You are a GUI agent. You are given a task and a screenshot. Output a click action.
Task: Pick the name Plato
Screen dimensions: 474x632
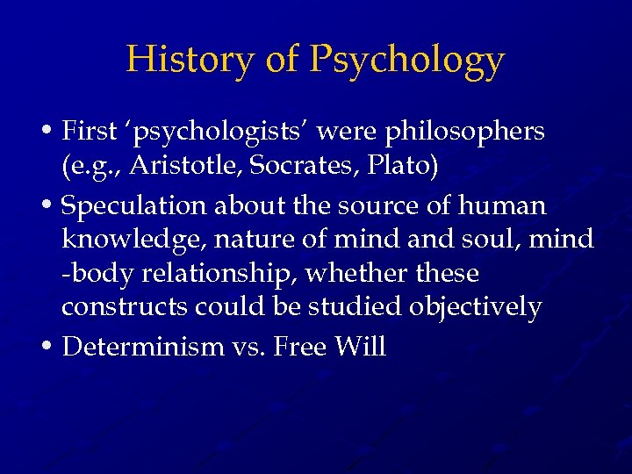click(402, 167)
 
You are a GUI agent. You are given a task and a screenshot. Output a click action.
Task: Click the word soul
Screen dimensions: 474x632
click(501, 239)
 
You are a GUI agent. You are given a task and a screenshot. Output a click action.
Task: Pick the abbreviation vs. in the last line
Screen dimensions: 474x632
click(248, 347)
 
